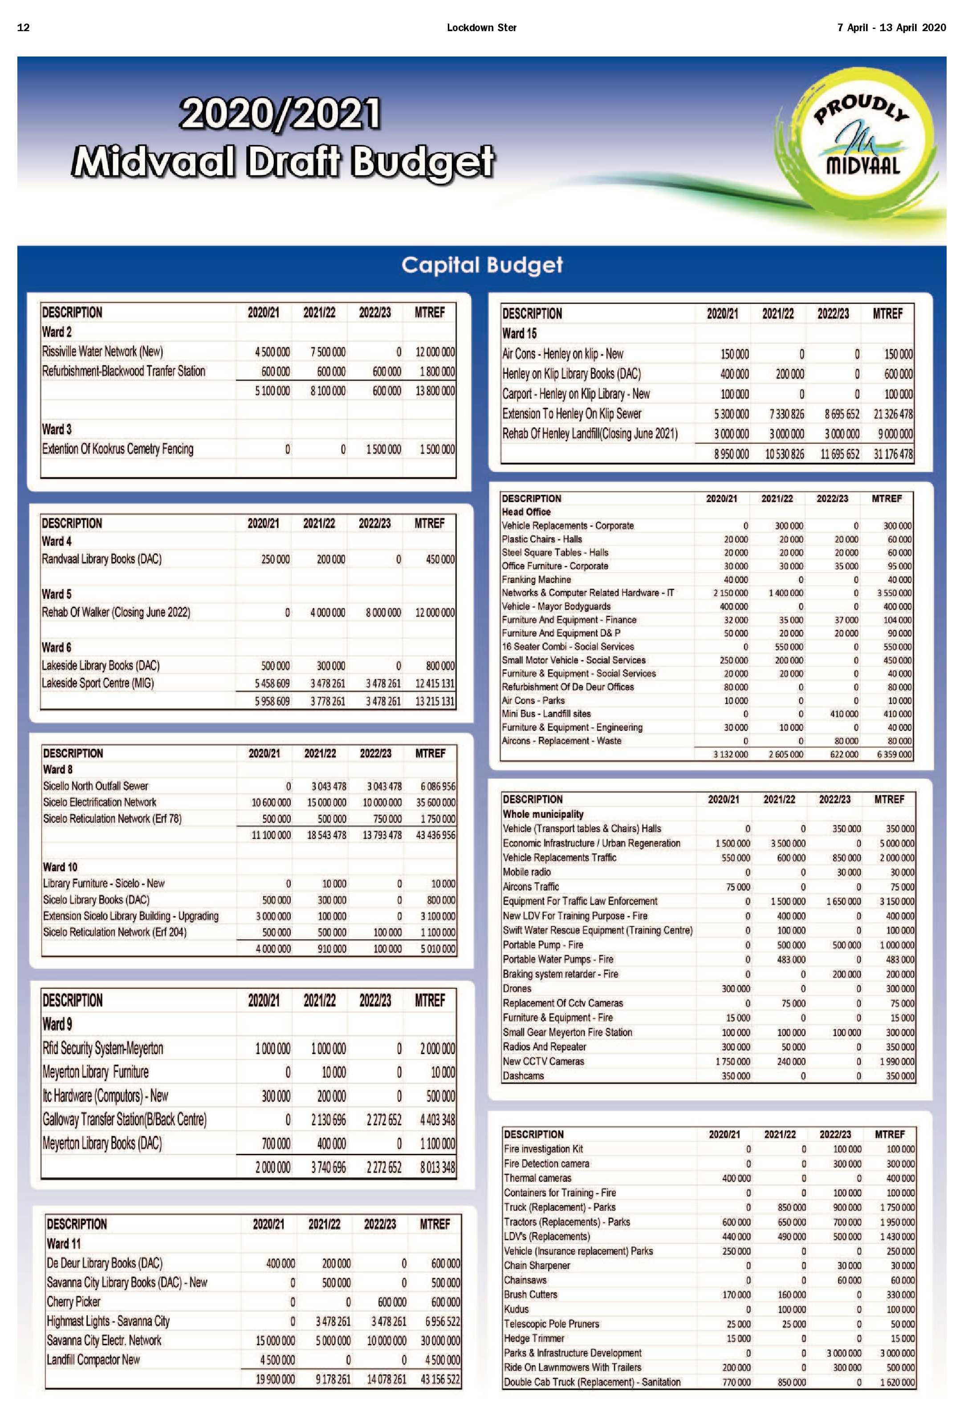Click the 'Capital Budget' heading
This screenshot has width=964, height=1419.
click(x=481, y=265)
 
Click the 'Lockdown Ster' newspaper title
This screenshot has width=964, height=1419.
click(x=481, y=28)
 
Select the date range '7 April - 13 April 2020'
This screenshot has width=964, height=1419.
click(x=891, y=28)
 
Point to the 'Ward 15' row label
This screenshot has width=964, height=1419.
click(x=519, y=333)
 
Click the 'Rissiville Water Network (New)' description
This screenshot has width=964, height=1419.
click(x=102, y=352)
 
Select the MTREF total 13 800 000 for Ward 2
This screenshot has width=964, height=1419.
click(x=435, y=391)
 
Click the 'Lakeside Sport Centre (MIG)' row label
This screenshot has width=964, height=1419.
click(x=98, y=683)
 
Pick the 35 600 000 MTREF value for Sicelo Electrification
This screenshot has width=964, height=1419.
click(x=435, y=802)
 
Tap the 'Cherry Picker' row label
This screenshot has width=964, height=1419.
click(x=73, y=1302)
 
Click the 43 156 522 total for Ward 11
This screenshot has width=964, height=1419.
click(x=440, y=1379)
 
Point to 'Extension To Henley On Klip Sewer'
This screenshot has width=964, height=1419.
click(x=572, y=414)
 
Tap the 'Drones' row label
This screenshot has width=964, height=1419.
click(x=517, y=989)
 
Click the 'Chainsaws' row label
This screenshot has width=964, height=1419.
click(x=525, y=1280)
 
